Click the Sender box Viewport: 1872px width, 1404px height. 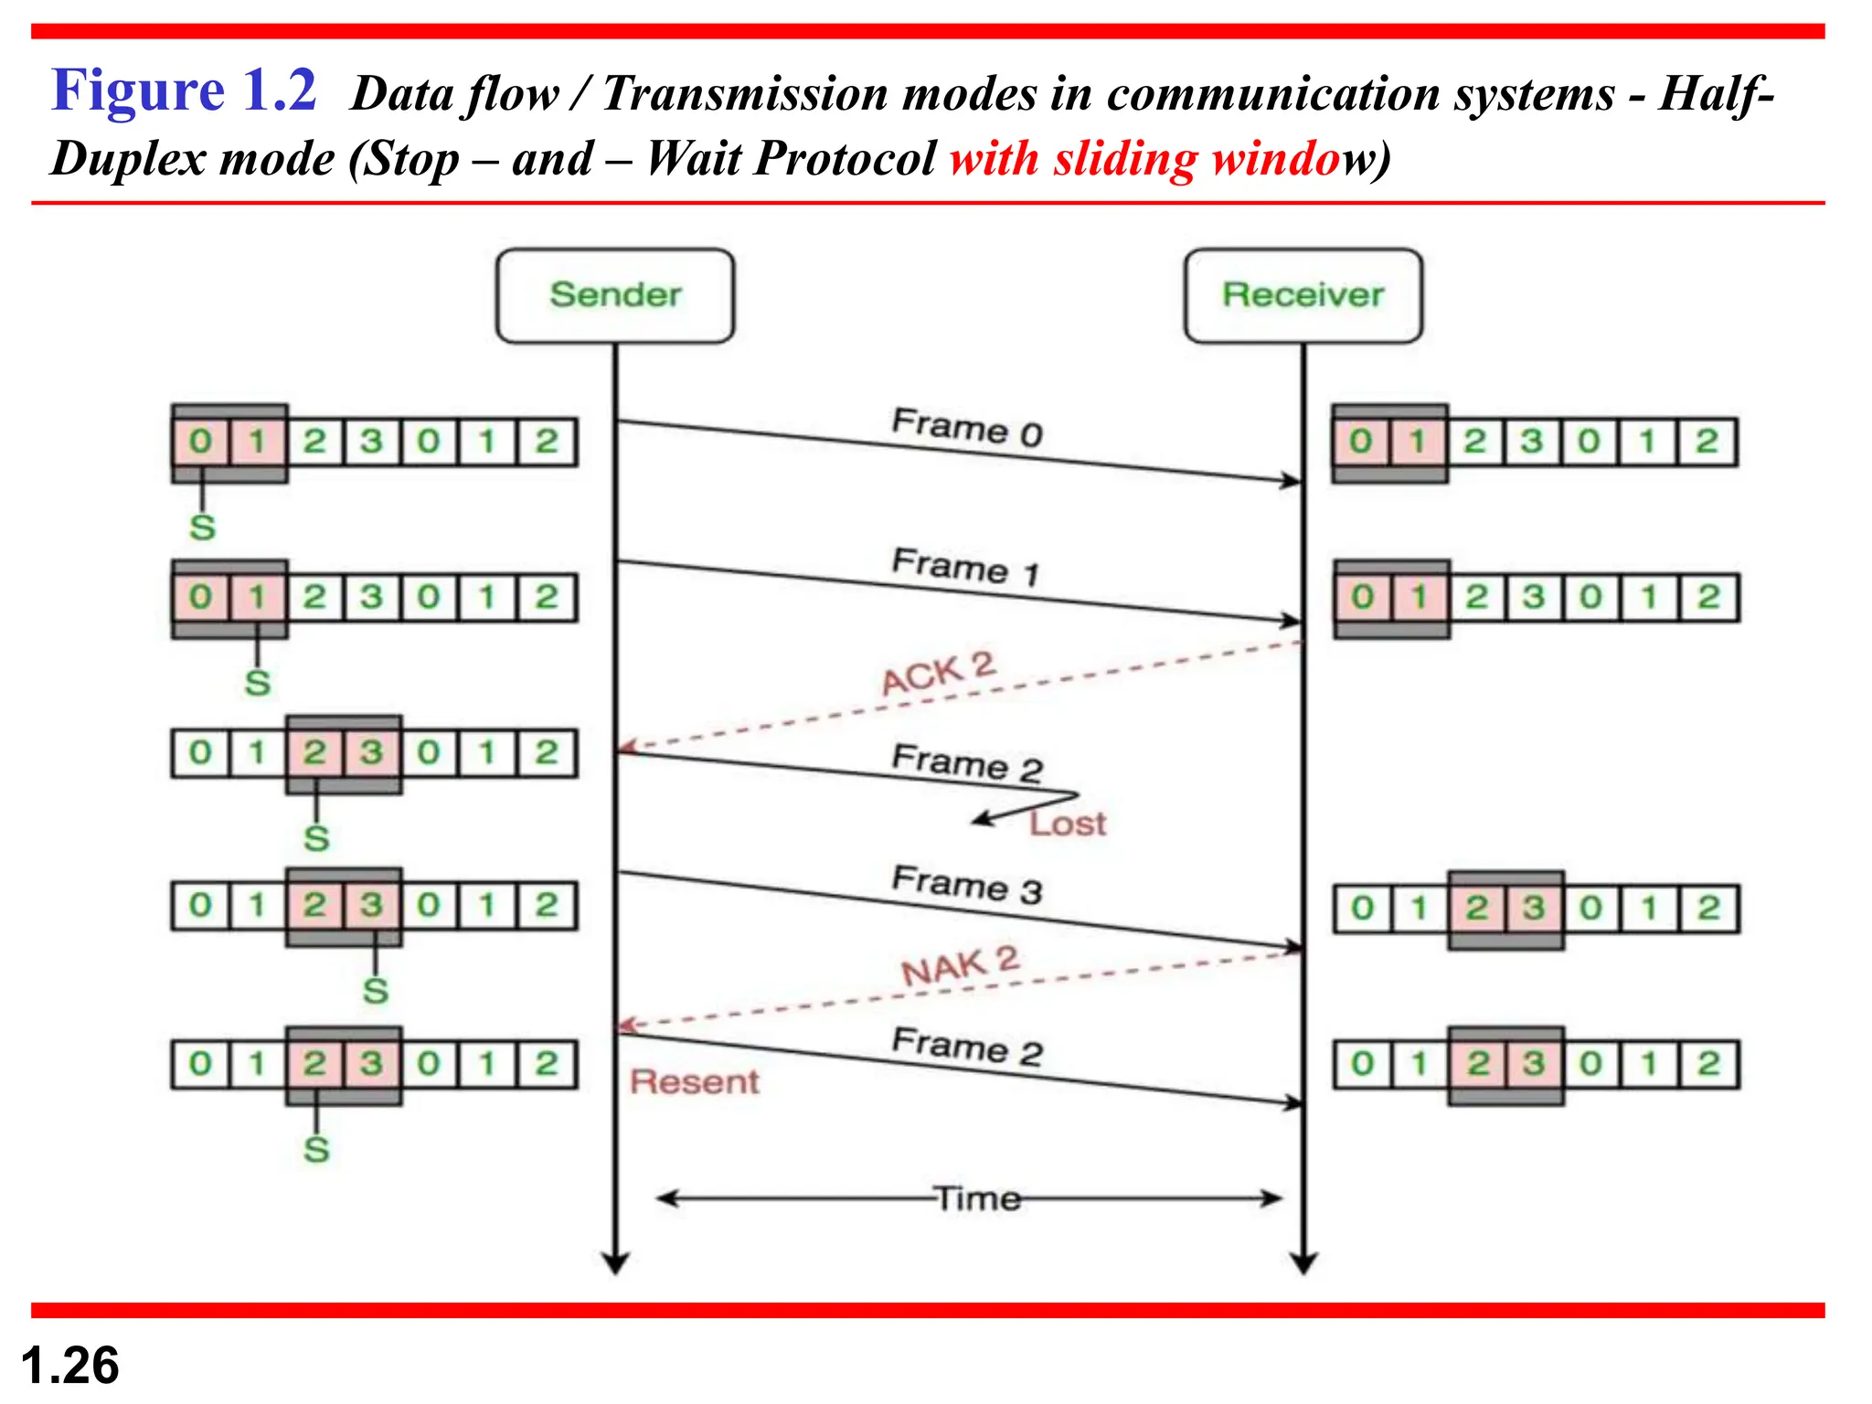[615, 295]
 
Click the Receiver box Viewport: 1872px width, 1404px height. [1303, 295]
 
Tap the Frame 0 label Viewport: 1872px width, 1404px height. [967, 428]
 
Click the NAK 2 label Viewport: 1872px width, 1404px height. [960, 966]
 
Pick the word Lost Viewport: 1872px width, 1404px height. [1068, 824]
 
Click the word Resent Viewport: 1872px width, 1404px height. [695, 1082]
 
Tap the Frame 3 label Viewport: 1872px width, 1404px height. [967, 884]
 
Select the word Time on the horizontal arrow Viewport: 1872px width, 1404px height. [977, 1198]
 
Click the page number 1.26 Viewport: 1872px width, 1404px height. [69, 1366]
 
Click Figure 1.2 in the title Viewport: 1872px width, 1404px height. [184, 90]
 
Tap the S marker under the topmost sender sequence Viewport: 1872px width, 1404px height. [202, 527]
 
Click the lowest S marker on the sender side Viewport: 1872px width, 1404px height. [316, 1149]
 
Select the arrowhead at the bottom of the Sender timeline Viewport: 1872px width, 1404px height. [615, 1263]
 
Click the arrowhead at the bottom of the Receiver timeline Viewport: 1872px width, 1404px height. [1303, 1263]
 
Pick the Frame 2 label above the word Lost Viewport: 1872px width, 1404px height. [967, 763]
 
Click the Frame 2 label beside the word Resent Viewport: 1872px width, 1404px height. [967, 1047]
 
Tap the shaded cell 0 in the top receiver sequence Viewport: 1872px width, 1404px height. [1360, 442]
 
